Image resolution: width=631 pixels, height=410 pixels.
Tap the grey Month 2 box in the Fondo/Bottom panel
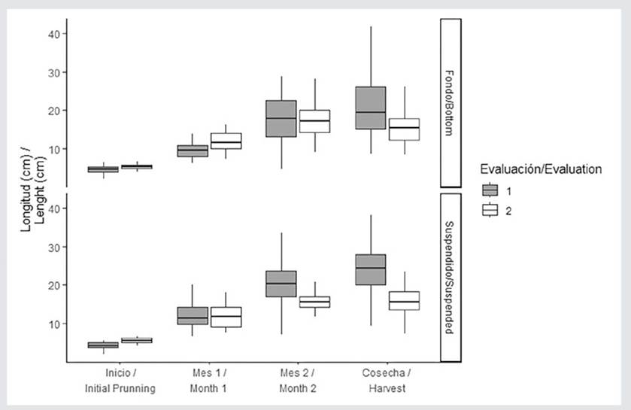[281, 118]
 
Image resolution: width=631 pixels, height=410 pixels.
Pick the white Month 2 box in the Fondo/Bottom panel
[314, 121]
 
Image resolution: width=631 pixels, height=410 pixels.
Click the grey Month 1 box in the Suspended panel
[192, 315]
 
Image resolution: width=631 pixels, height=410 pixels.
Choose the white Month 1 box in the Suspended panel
[225, 317]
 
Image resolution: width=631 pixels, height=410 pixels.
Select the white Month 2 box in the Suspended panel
[314, 302]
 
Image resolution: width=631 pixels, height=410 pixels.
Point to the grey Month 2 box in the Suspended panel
[281, 284]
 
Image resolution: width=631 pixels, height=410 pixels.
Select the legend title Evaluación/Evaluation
[541, 170]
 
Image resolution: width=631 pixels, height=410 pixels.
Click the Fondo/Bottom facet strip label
[450, 103]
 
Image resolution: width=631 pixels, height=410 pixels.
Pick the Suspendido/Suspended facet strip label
[450, 277]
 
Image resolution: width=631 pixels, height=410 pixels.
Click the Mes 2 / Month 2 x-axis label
[298, 381]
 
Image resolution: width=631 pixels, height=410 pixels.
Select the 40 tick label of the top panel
[52, 34]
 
